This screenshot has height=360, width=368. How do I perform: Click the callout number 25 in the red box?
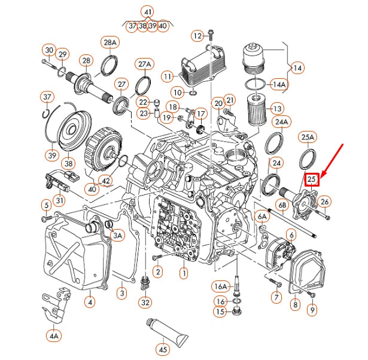pyautogui.click(x=312, y=180)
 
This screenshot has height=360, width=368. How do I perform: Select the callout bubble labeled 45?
pyautogui.click(x=162, y=349)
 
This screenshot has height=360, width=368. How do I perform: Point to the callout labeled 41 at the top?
pyautogui.click(x=147, y=12)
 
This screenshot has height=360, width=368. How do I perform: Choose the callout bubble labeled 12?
pyautogui.click(x=198, y=36)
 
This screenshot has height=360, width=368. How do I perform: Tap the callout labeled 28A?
pyautogui.click(x=110, y=42)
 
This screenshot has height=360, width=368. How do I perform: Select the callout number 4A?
pyautogui.click(x=54, y=336)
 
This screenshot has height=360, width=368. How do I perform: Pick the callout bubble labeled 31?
pyautogui.click(x=60, y=200)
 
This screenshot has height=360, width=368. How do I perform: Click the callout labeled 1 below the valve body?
pyautogui.click(x=184, y=273)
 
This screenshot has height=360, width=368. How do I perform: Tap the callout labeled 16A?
pyautogui.click(x=221, y=286)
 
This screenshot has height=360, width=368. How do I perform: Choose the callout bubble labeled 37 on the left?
pyautogui.click(x=47, y=97)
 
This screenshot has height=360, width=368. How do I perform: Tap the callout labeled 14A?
pyautogui.click(x=279, y=84)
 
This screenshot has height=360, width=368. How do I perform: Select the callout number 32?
pyautogui.click(x=145, y=303)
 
